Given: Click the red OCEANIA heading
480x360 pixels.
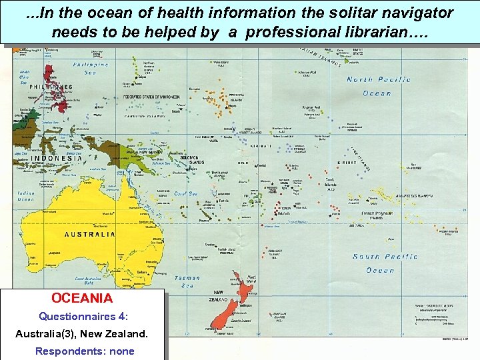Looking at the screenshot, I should pyautogui.click(x=82, y=298).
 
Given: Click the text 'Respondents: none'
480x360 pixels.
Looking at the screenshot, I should pyautogui.click(x=85, y=351).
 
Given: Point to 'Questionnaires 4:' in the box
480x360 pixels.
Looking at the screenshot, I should pyautogui.click(x=83, y=316).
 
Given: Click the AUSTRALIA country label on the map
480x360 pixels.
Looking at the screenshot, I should pyautogui.click(x=90, y=234).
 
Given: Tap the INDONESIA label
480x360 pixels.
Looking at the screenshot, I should pyautogui.click(x=57, y=158).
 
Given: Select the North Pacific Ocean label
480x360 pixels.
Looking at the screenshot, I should pyautogui.click(x=378, y=86).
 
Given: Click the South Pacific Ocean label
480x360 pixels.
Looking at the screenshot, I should pyautogui.click(x=385, y=263).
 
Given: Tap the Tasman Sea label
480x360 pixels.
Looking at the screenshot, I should pyautogui.click(x=188, y=281).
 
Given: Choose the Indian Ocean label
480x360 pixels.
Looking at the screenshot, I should pyautogui.click(x=26, y=196).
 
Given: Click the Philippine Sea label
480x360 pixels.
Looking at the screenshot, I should pyautogui.click(x=91, y=69).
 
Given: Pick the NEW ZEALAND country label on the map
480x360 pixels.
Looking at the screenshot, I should pyautogui.click(x=218, y=297).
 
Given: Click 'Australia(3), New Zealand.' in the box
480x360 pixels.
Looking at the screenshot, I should pyautogui.click(x=82, y=333).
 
